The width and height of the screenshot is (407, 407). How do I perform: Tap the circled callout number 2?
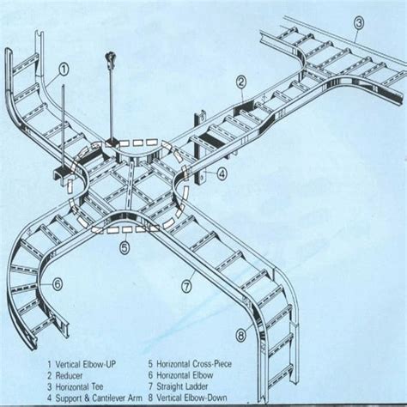pyautogui.click(x=242, y=82)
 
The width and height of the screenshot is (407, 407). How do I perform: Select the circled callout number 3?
pyautogui.click(x=359, y=23)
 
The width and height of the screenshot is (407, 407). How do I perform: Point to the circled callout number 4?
pyautogui.click(x=221, y=173)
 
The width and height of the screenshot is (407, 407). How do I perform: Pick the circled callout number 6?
pyautogui.click(x=58, y=282)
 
